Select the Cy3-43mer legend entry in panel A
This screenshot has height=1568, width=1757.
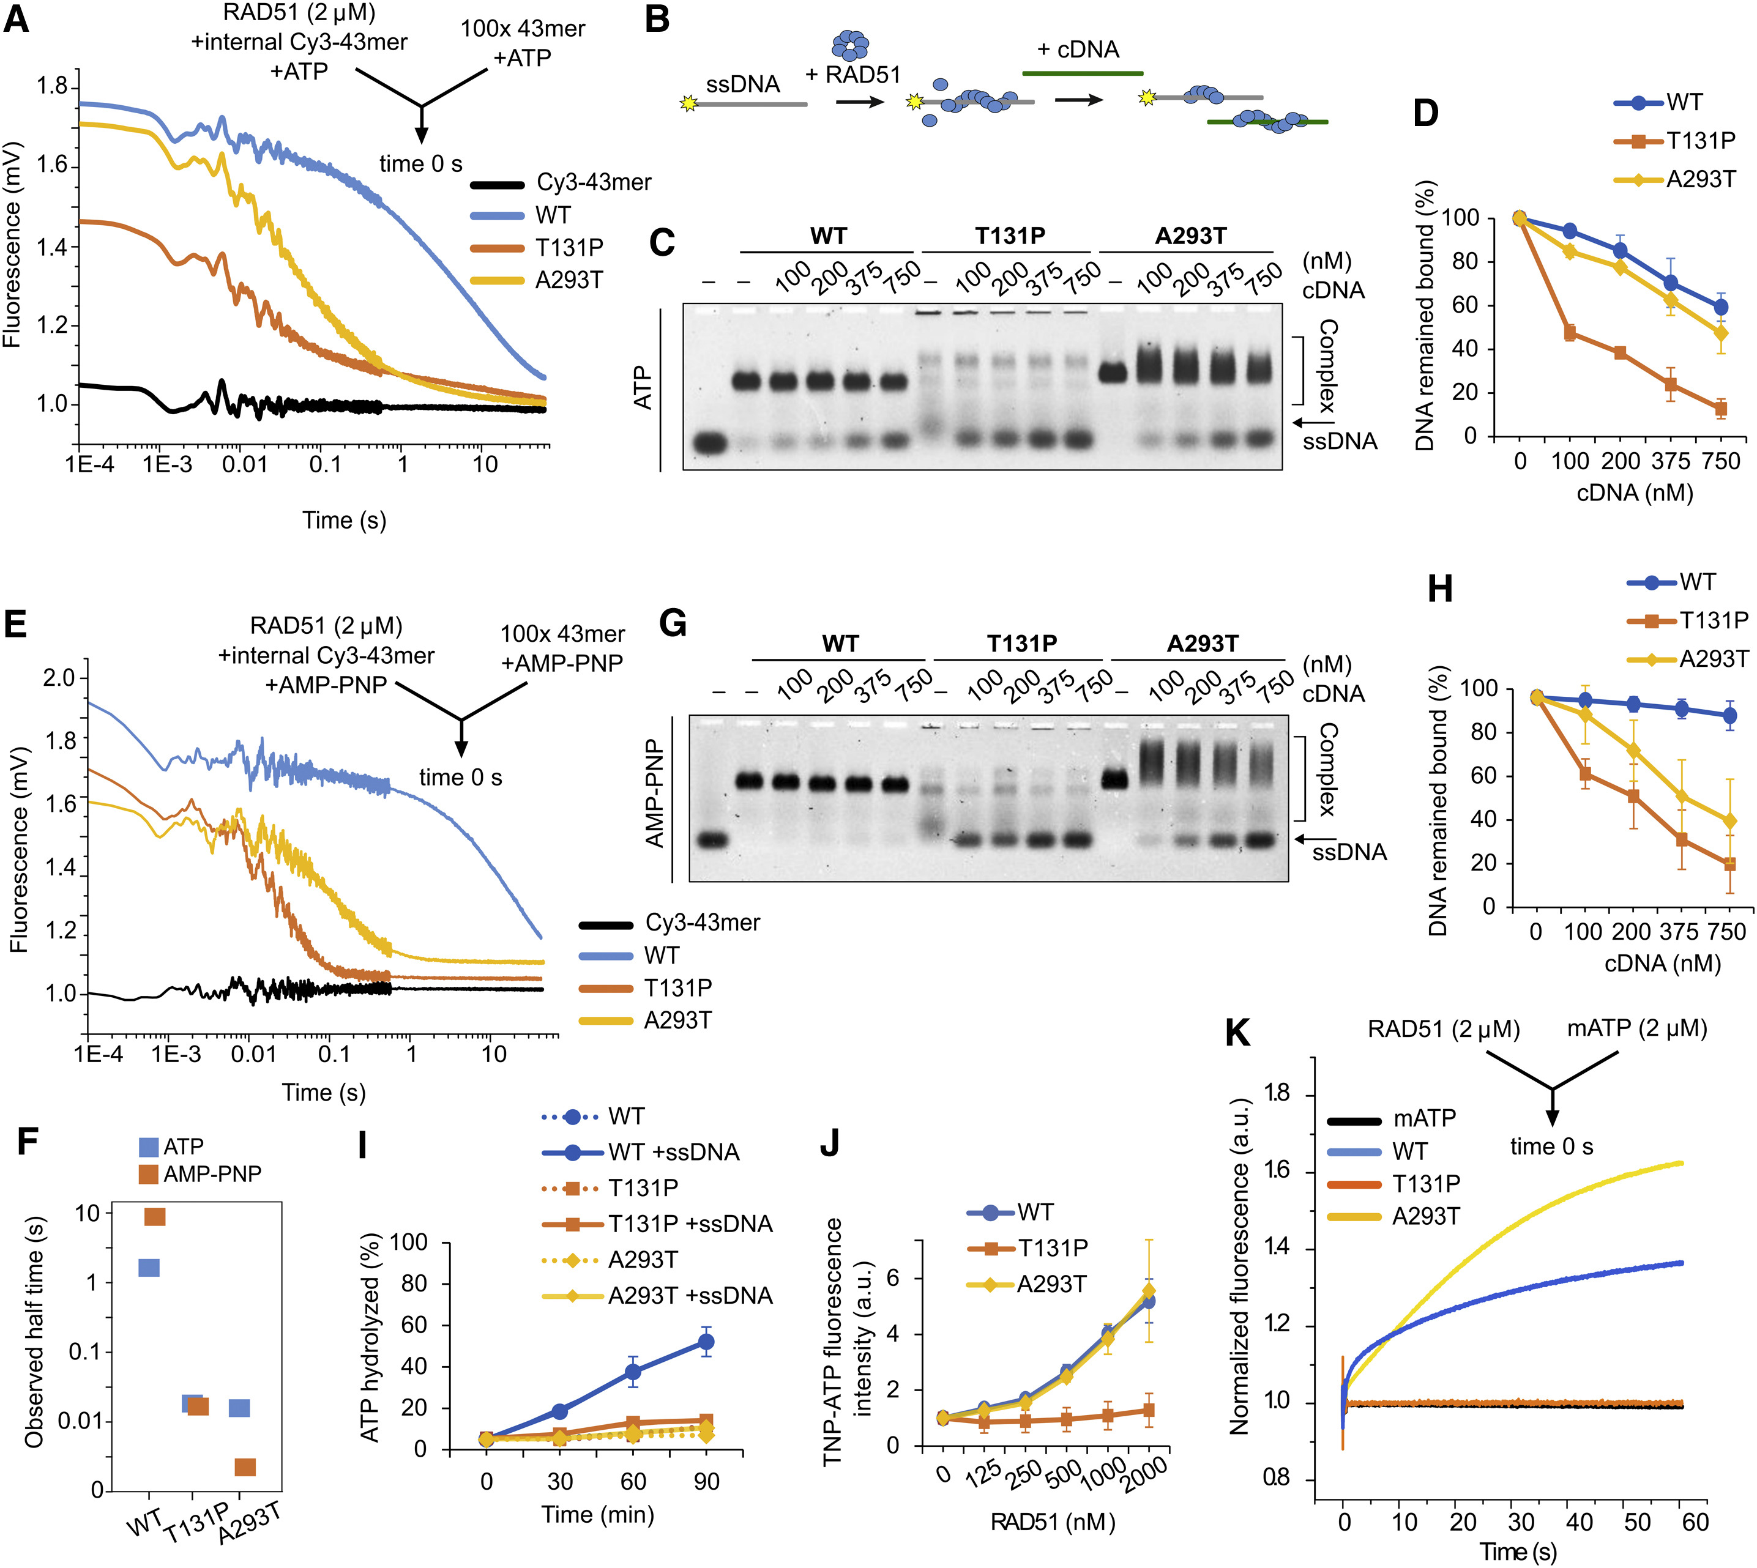pyautogui.click(x=593, y=183)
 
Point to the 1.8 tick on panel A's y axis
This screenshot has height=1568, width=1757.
pyautogui.click(x=51, y=86)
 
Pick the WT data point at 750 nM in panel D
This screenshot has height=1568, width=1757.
pyautogui.click(x=1720, y=307)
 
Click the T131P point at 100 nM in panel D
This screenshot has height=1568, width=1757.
pyautogui.click(x=1569, y=333)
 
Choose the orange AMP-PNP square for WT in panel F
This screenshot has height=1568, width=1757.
pyautogui.click(x=155, y=1216)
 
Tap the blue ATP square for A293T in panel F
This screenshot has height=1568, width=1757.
pyautogui.click(x=239, y=1408)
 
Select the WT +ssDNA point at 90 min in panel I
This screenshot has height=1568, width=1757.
pyautogui.click(x=706, y=1342)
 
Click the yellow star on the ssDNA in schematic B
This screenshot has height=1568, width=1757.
pyautogui.click(x=688, y=103)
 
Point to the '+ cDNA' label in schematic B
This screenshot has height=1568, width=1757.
pyautogui.click(x=1077, y=50)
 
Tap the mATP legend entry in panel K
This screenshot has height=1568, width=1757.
pyautogui.click(x=1423, y=1118)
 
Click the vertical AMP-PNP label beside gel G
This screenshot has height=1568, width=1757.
pyautogui.click(x=655, y=793)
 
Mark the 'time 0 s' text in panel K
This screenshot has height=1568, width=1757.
pyautogui.click(x=1551, y=1146)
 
